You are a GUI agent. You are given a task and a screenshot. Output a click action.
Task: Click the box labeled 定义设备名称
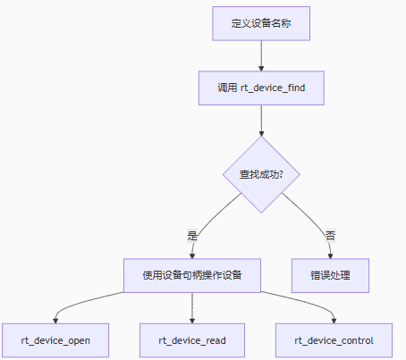pyautogui.click(x=261, y=23)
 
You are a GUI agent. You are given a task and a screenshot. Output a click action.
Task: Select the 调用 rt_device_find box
pyautogui.click(x=261, y=88)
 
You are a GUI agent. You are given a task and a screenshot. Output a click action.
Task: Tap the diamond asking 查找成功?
pyautogui.click(x=261, y=174)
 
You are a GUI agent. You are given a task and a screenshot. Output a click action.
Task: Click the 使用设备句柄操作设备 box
pyautogui.click(x=192, y=274)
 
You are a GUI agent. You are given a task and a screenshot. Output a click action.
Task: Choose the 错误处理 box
pyautogui.click(x=330, y=274)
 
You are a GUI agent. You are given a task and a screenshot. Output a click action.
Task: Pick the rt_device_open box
pyautogui.click(x=55, y=340)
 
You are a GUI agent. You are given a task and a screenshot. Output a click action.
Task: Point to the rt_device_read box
pyautogui.click(x=192, y=340)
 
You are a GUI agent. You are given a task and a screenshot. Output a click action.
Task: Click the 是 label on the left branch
pyautogui.click(x=191, y=236)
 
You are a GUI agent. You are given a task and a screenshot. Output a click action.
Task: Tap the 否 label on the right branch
pyautogui.click(x=330, y=236)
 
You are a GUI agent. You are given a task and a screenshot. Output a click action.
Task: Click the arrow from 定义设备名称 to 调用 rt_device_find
pyautogui.click(x=261, y=55)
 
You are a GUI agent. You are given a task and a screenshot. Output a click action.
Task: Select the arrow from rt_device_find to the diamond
pyautogui.click(x=261, y=120)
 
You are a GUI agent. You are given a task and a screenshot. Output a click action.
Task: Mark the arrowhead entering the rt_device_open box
pyautogui.click(x=55, y=320)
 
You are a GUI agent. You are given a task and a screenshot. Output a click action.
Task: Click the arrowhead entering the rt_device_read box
pyautogui.click(x=192, y=320)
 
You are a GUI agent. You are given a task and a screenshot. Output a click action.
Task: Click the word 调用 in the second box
pyautogui.click(x=227, y=88)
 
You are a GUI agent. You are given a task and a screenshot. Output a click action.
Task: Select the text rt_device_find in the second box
pyautogui.click(x=274, y=88)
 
